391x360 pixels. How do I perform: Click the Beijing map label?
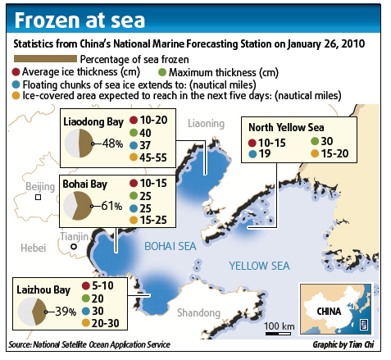tap(39, 188)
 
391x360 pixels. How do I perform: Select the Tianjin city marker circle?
tap(74, 246)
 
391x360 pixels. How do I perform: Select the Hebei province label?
tap(34, 246)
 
